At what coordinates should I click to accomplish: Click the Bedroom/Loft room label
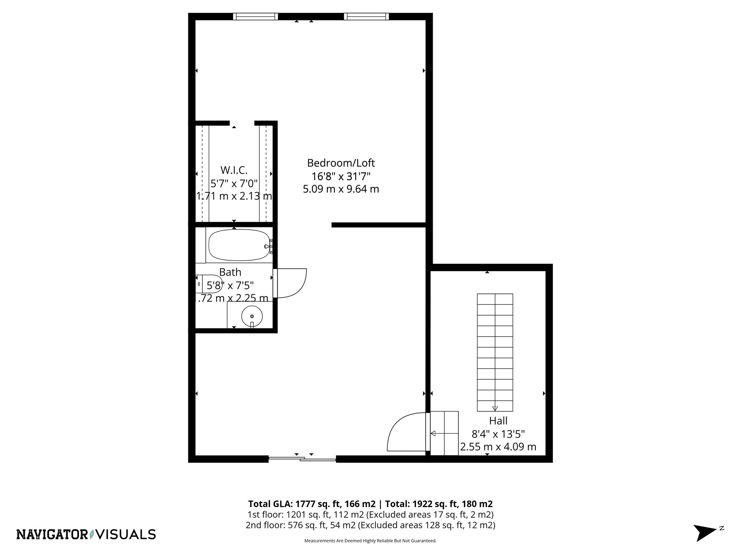(x=340, y=163)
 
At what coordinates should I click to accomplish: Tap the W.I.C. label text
(x=234, y=170)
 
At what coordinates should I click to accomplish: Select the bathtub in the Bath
(x=239, y=245)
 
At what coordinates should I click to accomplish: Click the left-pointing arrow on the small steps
(x=433, y=433)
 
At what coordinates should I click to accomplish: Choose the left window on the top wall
(x=255, y=16)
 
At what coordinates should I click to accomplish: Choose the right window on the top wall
(x=366, y=16)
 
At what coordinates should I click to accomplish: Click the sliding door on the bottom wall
(x=302, y=459)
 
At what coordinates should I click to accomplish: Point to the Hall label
(x=498, y=421)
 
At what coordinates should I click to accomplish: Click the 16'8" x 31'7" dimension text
(x=340, y=176)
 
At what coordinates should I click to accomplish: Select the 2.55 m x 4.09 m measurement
(x=498, y=447)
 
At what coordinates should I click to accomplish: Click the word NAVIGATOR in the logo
(x=52, y=534)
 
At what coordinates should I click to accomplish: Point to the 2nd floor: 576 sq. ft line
(x=370, y=525)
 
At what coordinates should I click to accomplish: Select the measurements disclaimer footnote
(x=370, y=541)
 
